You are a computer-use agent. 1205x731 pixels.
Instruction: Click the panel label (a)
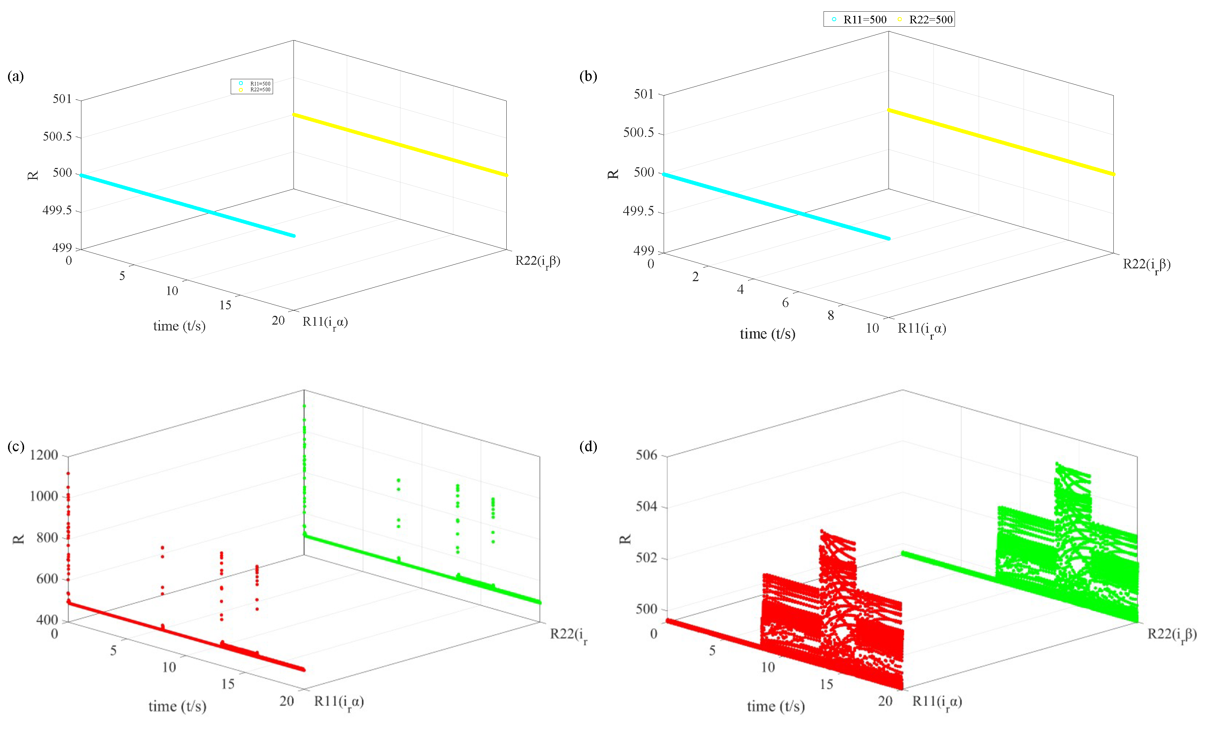pos(15,76)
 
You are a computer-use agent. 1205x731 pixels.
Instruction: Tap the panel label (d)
pos(588,446)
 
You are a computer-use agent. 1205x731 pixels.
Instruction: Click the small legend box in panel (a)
pos(252,87)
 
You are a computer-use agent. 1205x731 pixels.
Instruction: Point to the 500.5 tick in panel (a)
pos(57,137)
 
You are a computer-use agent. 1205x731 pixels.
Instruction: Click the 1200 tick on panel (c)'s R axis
pos(44,455)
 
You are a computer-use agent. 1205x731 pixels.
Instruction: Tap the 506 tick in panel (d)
pos(646,455)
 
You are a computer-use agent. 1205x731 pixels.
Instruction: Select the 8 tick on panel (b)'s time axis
pos(831,315)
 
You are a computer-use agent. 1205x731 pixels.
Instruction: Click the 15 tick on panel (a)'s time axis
pos(225,305)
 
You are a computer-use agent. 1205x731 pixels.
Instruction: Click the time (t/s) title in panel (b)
pos(767,334)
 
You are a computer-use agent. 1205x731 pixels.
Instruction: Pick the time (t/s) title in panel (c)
pos(177,707)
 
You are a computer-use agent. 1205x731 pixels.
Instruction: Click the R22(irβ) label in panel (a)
pos(537,261)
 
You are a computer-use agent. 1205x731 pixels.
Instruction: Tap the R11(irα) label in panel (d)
pos(937,702)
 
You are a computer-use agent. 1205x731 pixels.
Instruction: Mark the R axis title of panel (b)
pos(613,174)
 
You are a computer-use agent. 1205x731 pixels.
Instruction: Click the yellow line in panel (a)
pos(400,145)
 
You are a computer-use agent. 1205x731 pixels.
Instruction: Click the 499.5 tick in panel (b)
pos(638,211)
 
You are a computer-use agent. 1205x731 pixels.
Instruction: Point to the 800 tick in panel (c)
pos(47,538)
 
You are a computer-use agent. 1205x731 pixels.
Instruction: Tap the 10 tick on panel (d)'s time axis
pos(768,667)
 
